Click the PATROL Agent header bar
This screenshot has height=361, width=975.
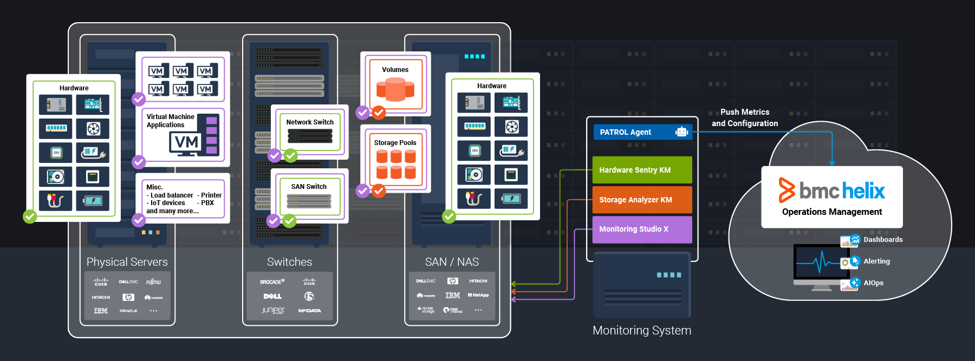[634, 132]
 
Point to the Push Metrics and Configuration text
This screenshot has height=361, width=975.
[745, 117]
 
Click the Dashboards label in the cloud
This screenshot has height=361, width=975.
[883, 240]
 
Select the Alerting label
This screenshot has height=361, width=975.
[876, 261]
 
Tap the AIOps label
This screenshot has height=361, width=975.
[873, 283]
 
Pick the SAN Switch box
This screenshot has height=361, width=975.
[309, 196]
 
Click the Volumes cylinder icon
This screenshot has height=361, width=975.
[395, 89]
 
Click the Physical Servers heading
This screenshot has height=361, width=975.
[127, 262]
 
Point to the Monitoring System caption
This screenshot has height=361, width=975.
[642, 330]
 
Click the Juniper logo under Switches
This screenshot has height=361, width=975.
[273, 310]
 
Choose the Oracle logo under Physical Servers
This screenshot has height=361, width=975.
[128, 311]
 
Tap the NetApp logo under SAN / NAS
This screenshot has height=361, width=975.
[478, 295]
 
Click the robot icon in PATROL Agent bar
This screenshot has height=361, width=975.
[681, 132]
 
